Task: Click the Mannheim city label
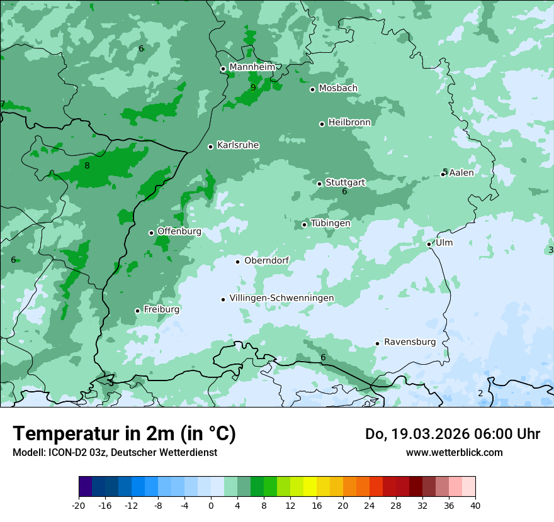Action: point(252,67)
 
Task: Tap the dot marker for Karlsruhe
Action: point(211,147)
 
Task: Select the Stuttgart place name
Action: point(345,182)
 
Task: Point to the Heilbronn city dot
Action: point(322,124)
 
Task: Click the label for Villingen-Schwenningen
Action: point(281,298)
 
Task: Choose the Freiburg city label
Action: point(161,309)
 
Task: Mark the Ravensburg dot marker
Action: point(377,343)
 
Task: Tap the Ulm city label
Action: point(444,243)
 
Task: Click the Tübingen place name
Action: point(331,223)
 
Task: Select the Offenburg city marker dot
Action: point(151,233)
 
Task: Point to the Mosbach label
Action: point(338,89)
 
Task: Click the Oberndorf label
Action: point(266,260)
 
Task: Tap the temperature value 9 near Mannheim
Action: point(253,88)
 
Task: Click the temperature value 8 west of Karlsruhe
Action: point(87,166)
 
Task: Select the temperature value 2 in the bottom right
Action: point(480,393)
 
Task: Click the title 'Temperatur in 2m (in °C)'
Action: point(124,434)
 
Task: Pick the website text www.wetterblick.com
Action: point(454,453)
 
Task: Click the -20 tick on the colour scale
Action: point(79,506)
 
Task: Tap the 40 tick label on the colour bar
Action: point(475,506)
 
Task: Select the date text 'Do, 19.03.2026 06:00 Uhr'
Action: point(452,434)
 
